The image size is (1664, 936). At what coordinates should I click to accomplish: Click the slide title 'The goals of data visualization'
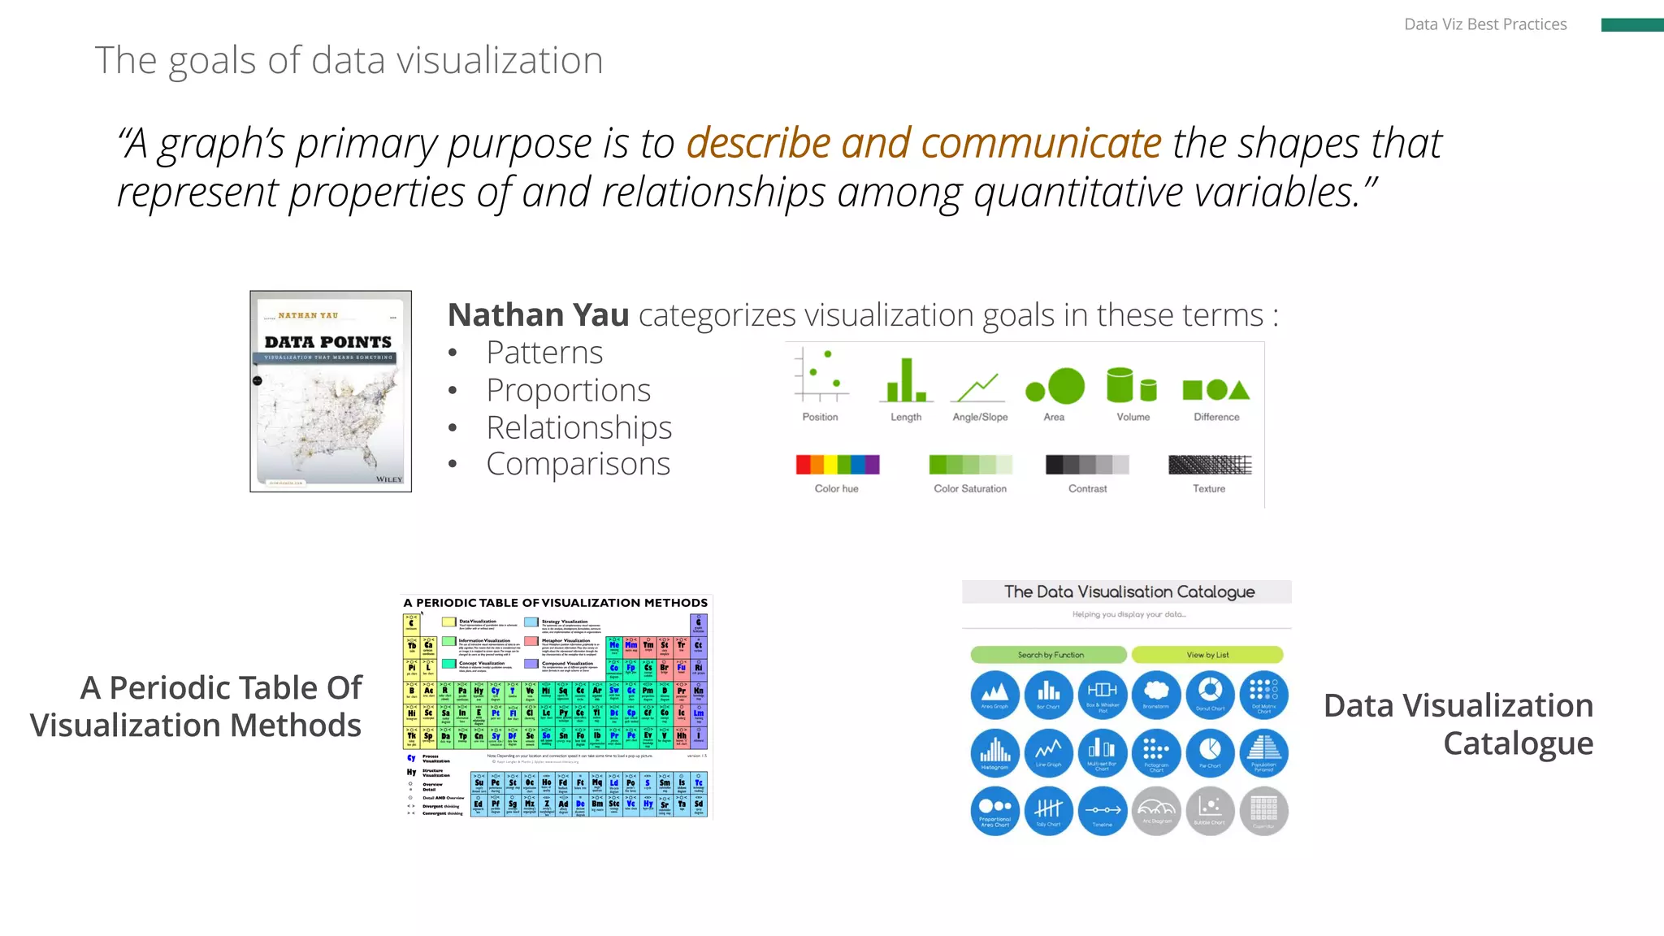[x=349, y=60]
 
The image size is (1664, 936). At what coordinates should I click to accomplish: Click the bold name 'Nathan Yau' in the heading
[x=538, y=314]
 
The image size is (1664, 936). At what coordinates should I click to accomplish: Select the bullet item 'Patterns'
[x=544, y=353]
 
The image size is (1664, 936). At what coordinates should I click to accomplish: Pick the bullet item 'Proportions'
[x=568, y=390]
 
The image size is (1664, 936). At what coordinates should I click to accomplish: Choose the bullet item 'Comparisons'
[x=578, y=464]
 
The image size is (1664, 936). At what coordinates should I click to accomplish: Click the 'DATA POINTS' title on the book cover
[x=328, y=342]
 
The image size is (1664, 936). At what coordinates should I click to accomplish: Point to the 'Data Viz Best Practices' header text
[x=1484, y=24]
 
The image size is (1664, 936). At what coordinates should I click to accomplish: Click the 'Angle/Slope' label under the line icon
[x=980, y=417]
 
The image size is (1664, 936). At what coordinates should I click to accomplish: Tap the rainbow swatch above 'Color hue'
[x=838, y=465]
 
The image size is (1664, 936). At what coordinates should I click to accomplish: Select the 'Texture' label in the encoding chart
[x=1208, y=488]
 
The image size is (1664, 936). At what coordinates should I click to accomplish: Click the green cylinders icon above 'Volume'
[x=1131, y=385]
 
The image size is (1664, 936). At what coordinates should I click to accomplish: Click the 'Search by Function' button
[x=1049, y=655]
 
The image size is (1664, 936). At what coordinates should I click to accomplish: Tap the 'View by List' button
[x=1207, y=655]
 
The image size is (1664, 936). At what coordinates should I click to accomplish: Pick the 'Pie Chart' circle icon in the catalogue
[x=1210, y=752]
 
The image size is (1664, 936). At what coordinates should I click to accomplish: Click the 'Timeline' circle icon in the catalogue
[x=1103, y=810]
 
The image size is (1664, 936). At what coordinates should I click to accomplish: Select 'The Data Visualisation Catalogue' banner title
[x=1129, y=591]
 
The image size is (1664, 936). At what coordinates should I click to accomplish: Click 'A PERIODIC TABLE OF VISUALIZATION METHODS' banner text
[x=556, y=603]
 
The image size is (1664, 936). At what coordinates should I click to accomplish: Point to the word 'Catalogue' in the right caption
[x=1517, y=743]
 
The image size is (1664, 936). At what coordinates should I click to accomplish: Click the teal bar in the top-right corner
[x=1631, y=25]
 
